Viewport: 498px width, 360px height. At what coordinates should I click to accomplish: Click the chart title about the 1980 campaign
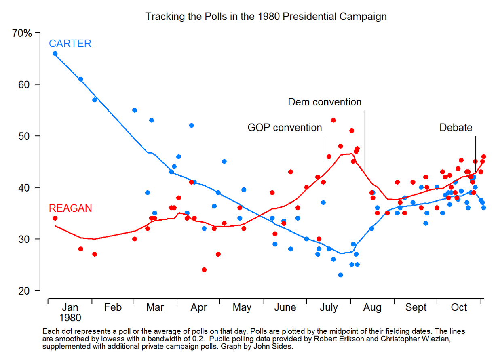pos(266,17)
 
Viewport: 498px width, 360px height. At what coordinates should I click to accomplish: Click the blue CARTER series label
pos(70,44)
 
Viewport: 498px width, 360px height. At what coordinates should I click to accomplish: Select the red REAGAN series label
pos(70,208)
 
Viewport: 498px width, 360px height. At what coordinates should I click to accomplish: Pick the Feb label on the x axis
pos(112,308)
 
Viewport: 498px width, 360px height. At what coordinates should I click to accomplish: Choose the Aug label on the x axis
pos(372,308)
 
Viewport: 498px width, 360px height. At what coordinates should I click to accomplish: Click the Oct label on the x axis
pos(459,308)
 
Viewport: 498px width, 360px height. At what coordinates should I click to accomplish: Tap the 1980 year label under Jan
pos(70,318)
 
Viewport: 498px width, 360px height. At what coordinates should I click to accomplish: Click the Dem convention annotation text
pos(325,102)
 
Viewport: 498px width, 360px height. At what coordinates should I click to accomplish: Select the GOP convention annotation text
pos(285,128)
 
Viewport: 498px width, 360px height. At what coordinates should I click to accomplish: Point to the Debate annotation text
pos(456,128)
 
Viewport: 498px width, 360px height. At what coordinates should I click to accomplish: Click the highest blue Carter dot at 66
pos(55,53)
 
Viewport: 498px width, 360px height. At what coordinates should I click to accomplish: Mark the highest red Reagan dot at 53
pos(333,120)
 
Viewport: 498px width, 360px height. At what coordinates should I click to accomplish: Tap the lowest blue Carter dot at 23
pos(340,275)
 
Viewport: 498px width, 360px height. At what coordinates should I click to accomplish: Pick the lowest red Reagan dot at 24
pos(204,269)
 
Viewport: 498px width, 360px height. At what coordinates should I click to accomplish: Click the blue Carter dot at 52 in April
pos(191,125)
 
